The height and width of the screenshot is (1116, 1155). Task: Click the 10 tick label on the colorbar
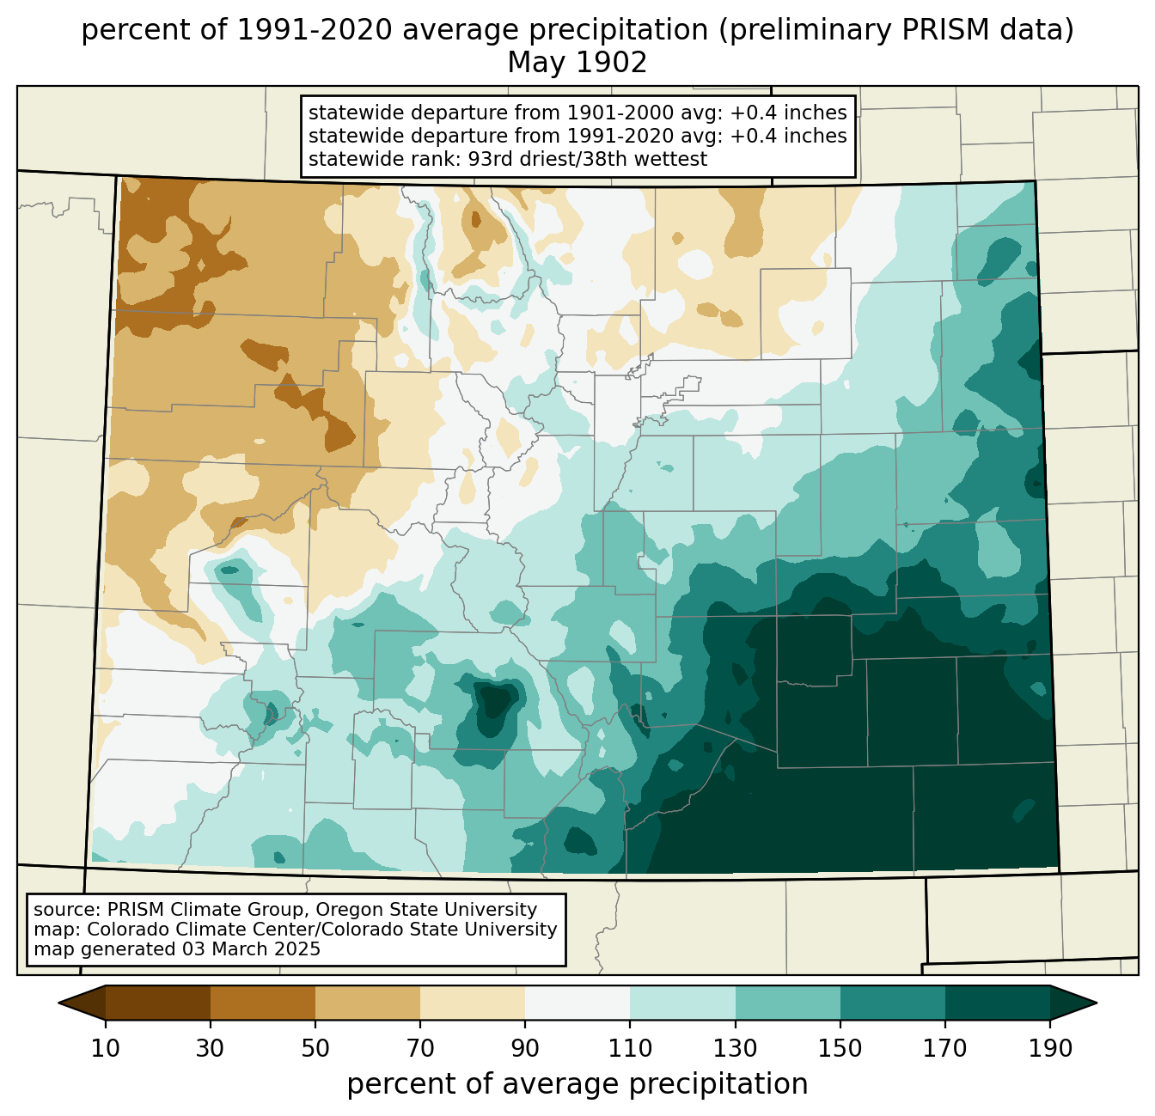pos(105,1048)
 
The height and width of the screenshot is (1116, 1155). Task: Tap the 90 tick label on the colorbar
pos(525,1048)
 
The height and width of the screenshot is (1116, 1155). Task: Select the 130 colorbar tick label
pos(735,1048)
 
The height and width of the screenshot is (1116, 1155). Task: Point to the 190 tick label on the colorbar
pos(1050,1048)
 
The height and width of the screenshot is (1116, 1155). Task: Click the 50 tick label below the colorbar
pos(315,1048)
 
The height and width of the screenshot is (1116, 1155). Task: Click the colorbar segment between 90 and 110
pos(577,1003)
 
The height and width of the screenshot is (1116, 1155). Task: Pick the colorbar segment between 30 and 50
pos(262,1003)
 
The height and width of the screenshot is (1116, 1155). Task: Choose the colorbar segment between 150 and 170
pos(892,1003)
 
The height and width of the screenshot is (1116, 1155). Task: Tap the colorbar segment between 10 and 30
pos(158,1003)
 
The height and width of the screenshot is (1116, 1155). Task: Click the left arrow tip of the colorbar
pos(58,1003)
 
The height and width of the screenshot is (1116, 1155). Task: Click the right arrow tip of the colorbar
pos(1097,1003)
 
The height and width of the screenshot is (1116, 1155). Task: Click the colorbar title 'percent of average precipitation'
pos(577,1083)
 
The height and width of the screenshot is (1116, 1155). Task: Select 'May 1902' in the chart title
pos(577,63)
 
